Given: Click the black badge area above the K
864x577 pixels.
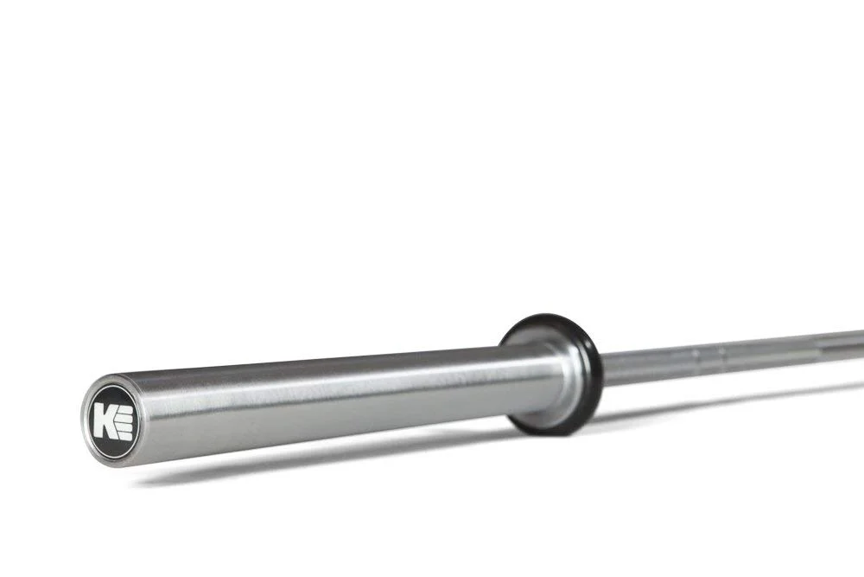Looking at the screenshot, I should coord(110,395).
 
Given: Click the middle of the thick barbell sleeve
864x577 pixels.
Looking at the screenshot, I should coord(328,394).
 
